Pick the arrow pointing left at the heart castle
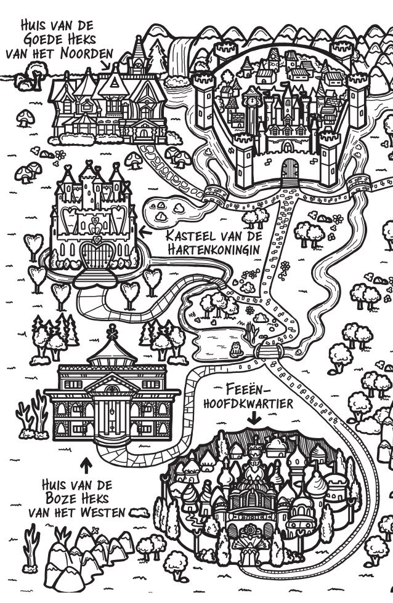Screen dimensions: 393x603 146,233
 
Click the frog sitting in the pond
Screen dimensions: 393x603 235,351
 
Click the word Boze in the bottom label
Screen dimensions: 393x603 67,498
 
